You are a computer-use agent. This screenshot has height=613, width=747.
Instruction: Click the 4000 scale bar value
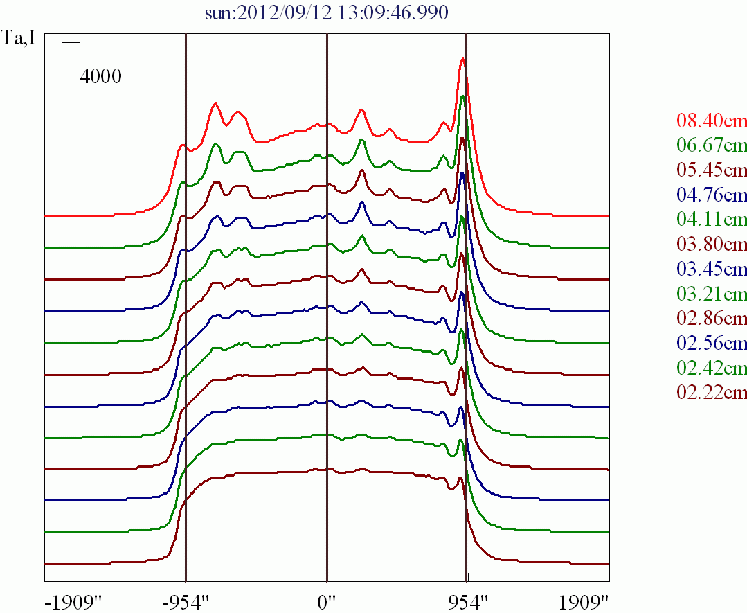pyautogui.click(x=101, y=76)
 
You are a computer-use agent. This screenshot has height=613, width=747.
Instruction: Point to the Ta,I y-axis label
pyautogui.click(x=18, y=39)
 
